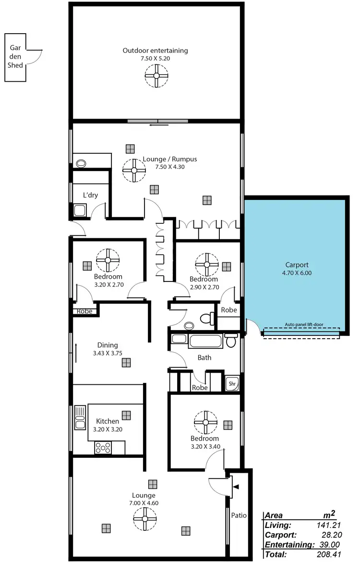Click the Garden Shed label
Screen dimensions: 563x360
point(16,57)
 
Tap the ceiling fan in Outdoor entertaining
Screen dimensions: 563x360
point(156,75)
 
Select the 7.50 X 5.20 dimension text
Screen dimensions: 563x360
point(155,58)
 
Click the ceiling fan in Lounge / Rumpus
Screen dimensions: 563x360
point(134,170)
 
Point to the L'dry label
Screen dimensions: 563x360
point(90,196)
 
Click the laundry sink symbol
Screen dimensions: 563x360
point(80,210)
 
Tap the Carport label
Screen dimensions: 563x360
point(297,265)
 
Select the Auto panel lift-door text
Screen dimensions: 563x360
point(304,324)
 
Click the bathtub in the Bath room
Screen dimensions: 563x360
point(205,342)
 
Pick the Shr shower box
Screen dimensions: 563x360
point(232,384)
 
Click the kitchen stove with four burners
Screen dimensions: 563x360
point(103,448)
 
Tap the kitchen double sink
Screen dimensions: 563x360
point(80,418)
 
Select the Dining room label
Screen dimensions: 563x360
point(107,345)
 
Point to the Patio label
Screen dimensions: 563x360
point(239,515)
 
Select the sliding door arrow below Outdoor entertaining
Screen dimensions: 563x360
point(159,125)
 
